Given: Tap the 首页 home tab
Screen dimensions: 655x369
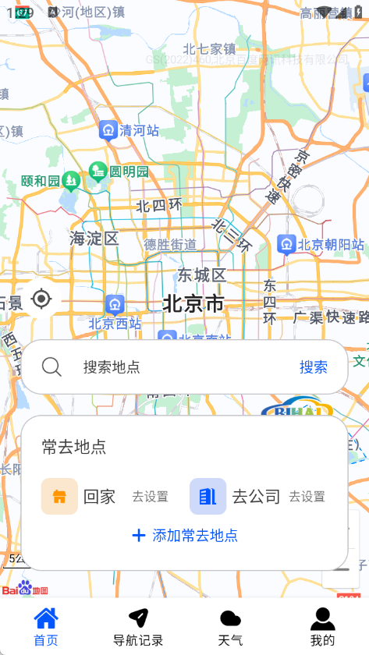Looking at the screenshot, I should (46, 627).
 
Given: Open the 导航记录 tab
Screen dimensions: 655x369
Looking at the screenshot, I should (138, 627).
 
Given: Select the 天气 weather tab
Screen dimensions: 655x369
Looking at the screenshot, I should (230, 627).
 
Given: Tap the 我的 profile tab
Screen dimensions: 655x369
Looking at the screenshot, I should (322, 627).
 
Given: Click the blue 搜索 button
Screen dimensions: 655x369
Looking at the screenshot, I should (314, 367).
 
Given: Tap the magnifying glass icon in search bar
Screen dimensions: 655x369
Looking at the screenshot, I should (52, 366).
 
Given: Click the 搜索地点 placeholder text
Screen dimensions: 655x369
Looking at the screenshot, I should (112, 367).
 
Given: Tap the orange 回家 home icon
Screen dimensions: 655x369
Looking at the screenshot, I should (59, 496).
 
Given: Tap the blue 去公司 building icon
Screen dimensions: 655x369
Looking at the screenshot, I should (208, 496).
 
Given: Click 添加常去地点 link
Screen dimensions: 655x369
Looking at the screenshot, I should (186, 536).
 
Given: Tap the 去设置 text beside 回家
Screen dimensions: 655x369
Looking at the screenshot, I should (151, 497).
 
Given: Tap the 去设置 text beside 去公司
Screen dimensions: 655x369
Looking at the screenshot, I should (307, 497).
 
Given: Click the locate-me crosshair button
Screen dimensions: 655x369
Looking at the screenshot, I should (42, 299).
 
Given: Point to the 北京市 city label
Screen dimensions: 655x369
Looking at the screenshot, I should (193, 303).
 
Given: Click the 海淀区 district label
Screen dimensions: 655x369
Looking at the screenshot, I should (94, 238).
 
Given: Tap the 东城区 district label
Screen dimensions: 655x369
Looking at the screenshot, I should (201, 274).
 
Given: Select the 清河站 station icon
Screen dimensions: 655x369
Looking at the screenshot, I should (108, 129).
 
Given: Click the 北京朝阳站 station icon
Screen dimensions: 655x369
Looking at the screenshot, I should (286, 244).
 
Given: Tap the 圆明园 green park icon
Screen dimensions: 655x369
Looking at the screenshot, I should (98, 170).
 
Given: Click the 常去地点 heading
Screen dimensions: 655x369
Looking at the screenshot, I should (74, 447).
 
